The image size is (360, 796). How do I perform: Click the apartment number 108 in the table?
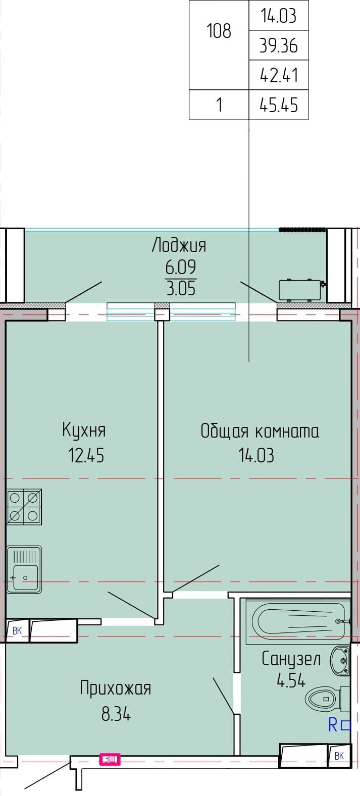pos(219,31)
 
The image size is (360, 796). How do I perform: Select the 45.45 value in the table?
pos(279,105)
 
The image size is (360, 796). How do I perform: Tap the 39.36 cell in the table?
pos(279,46)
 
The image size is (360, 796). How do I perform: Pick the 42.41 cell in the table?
pos(279,75)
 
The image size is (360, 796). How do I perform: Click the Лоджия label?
pos(179,245)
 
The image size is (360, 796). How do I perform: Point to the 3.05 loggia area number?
pos(181,288)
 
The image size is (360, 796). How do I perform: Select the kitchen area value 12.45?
pos(86,455)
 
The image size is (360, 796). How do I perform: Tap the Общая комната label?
pos(260,431)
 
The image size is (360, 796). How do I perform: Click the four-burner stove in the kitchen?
pos(24,507)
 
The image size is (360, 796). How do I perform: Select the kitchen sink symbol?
pos(24,570)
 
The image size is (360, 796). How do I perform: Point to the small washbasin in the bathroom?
pos(340,660)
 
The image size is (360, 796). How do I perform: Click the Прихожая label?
pos(116,688)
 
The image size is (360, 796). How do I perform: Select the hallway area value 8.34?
pos(116,714)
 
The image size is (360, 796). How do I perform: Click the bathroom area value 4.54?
pos(291,680)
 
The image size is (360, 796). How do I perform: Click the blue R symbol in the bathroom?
pos(333,725)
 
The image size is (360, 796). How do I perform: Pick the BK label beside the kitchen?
pos(17,631)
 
